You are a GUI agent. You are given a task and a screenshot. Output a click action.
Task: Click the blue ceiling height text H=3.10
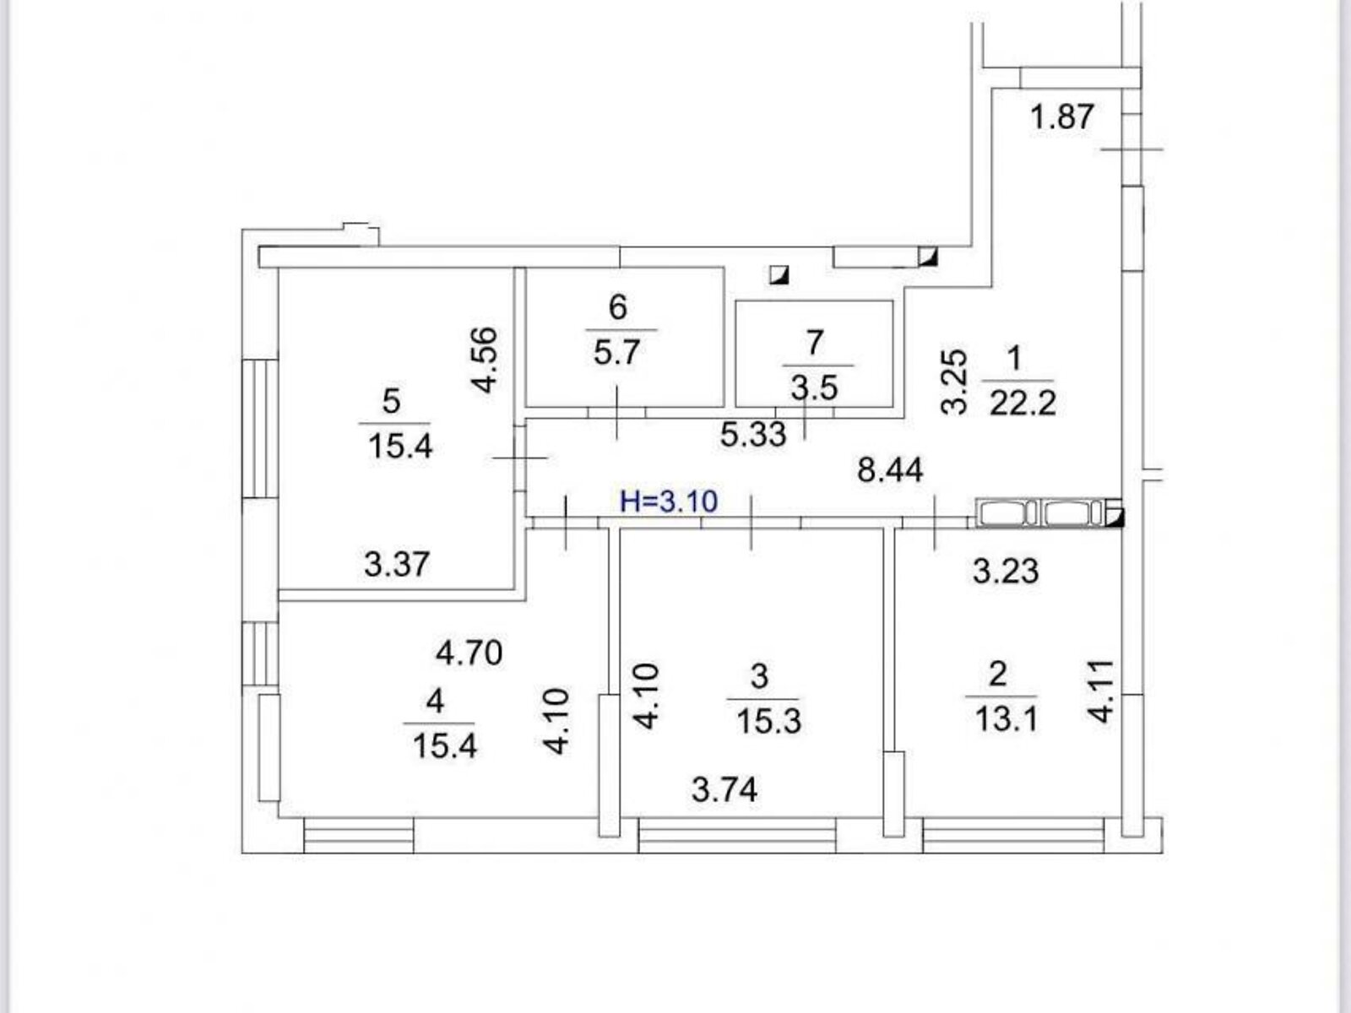pyautogui.click(x=669, y=501)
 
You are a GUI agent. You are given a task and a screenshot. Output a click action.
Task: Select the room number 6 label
pyautogui.click(x=617, y=307)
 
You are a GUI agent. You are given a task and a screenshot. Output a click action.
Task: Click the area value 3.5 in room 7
pyautogui.click(x=814, y=387)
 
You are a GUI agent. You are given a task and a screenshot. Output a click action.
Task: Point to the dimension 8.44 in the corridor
pyautogui.click(x=890, y=470)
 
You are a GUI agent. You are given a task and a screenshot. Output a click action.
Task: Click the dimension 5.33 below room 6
pyautogui.click(x=753, y=435)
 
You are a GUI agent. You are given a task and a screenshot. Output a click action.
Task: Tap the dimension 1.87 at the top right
pyautogui.click(x=1062, y=116)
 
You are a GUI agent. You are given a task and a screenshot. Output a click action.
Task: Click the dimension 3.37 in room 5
pyautogui.click(x=397, y=564)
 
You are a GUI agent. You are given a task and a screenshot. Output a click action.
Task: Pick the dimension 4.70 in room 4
pyautogui.click(x=469, y=653)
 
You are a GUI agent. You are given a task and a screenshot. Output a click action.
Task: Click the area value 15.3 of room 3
pyautogui.click(x=768, y=722)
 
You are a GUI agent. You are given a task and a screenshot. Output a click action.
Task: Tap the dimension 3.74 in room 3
pyautogui.click(x=724, y=790)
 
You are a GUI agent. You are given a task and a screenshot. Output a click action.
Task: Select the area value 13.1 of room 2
pyautogui.click(x=1005, y=720)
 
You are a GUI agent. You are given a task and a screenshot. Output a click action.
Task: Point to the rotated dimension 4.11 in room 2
pyautogui.click(x=1102, y=691)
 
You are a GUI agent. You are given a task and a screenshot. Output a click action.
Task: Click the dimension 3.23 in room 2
pyautogui.click(x=1005, y=572)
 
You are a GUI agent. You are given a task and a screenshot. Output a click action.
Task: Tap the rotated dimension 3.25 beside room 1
pyautogui.click(x=953, y=381)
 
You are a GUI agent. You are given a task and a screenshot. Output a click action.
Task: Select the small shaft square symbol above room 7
pyautogui.click(x=779, y=274)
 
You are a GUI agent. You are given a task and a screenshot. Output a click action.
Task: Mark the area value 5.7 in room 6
pyautogui.click(x=617, y=352)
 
